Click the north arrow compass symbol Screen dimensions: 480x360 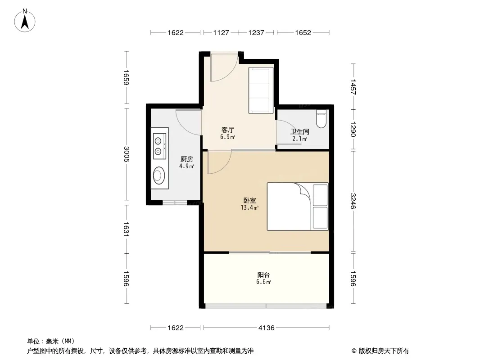(25, 21)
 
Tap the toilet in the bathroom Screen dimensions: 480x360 (321, 119)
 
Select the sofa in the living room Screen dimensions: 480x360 (261, 90)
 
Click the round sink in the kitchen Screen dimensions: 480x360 (159, 175)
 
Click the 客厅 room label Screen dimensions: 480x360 (227, 130)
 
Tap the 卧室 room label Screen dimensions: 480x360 (250, 200)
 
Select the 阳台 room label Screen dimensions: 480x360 (263, 274)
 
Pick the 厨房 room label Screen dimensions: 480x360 (187, 159)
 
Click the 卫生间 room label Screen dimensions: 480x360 (300, 131)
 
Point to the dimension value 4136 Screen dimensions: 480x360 (266, 328)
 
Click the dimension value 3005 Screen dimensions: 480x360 (127, 154)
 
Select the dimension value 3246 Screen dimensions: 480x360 (353, 201)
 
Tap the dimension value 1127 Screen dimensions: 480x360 (221, 33)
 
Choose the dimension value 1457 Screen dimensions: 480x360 (353, 87)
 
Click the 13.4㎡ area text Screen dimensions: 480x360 (249, 208)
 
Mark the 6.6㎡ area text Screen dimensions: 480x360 (263, 282)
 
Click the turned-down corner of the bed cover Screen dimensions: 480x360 (302, 189)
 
